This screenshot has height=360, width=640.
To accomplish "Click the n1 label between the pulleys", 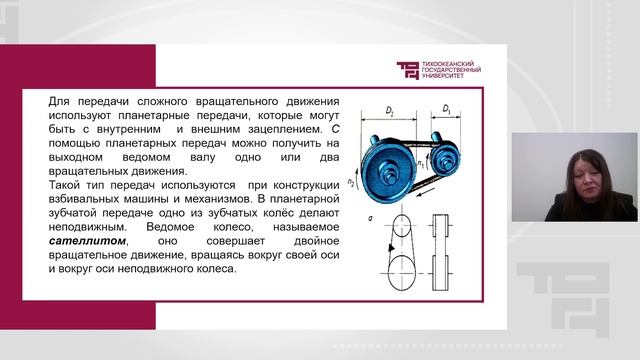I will [x=423, y=157].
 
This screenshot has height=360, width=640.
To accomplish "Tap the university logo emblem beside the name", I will [x=410, y=71].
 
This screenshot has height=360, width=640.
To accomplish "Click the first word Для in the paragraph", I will [x=59, y=102].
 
